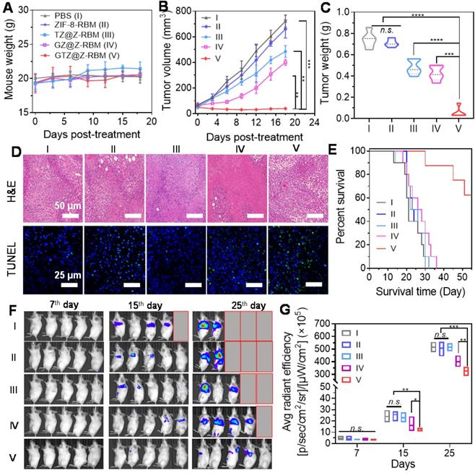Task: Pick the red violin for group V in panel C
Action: tap(457, 110)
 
